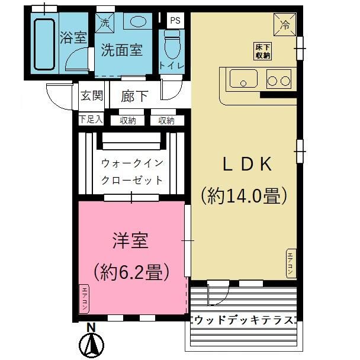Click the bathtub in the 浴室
pos(44,44)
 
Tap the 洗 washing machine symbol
pos(105,24)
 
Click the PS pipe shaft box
pos(175,21)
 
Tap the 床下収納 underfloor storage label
pos(263,52)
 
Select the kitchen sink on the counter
pos(243,78)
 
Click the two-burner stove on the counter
pos(279,78)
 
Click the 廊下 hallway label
pos(134,96)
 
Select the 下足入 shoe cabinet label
pos(91,120)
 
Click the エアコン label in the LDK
pos(291,262)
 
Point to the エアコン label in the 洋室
pos(85,298)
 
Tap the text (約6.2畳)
pos(131,272)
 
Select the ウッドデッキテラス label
pos(244,320)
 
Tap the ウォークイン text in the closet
pos(131,162)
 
